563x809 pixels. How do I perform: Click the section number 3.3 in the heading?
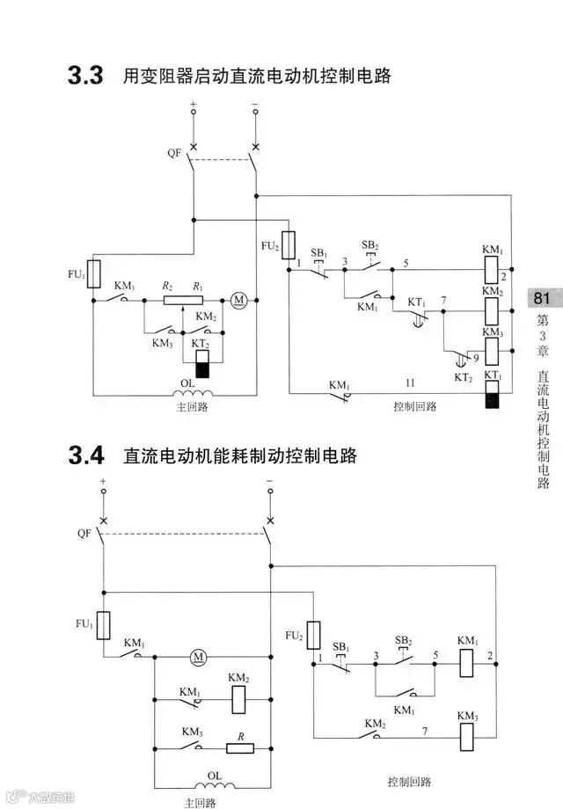(x=86, y=76)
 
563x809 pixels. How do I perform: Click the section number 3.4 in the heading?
(x=86, y=456)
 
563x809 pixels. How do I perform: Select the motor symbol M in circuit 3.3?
(x=238, y=300)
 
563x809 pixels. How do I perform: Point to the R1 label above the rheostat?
(x=199, y=287)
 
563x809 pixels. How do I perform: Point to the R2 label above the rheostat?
(x=167, y=287)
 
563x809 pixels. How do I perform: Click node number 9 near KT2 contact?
(x=476, y=358)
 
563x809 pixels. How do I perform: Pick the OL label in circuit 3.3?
(x=187, y=383)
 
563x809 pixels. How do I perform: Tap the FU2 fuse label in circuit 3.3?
(x=270, y=247)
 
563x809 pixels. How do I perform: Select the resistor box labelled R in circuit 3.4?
(x=240, y=748)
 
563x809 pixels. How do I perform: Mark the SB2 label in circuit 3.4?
(x=404, y=640)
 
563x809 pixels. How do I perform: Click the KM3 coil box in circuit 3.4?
(x=467, y=734)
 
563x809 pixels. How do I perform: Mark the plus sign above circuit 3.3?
(x=194, y=105)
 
